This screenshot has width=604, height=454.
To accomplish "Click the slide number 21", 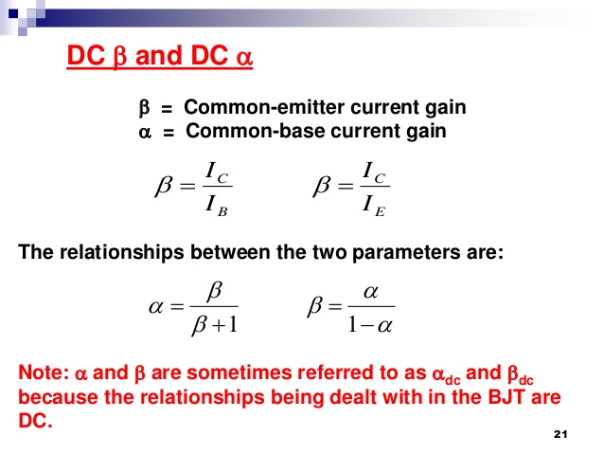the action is pos(560,434).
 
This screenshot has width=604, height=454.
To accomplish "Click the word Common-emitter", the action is pos(264,107).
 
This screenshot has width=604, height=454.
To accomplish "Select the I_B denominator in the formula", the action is pos(216,206).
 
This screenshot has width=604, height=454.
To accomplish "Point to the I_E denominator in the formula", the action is pos(374,206).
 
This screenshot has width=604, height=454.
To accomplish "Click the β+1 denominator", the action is pos(215,325).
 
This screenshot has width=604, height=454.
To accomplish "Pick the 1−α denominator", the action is pos(370,325).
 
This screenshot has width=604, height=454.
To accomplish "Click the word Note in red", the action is pos(44,373).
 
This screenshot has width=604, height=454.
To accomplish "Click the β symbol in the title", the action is pos(120,57).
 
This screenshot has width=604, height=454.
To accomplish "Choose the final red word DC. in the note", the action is pos(35,421).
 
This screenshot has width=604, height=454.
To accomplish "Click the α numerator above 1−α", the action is pos(370,292).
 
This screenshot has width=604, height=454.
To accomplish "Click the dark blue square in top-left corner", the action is pos(13,13).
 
